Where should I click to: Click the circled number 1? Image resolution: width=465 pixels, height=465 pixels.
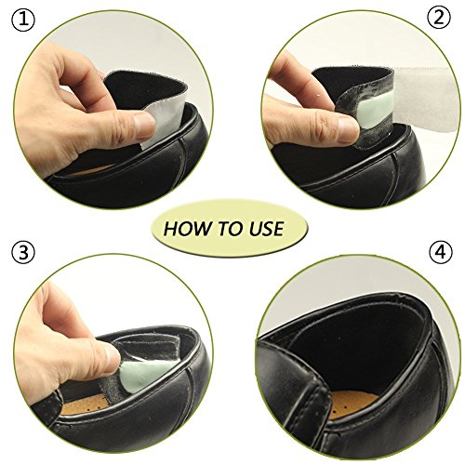(x=23, y=20)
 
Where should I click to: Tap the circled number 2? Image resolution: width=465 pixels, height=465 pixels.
(x=440, y=18)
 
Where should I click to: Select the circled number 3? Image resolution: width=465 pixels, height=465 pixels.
(x=23, y=252)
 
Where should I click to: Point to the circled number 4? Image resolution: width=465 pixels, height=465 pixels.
(x=441, y=252)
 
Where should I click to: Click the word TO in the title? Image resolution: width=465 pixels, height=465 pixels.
(x=228, y=229)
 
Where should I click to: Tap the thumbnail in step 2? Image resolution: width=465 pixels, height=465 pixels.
(x=348, y=130)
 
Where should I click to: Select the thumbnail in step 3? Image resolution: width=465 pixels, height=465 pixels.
(x=112, y=356)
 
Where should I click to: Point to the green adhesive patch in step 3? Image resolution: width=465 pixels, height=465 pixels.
(x=146, y=374)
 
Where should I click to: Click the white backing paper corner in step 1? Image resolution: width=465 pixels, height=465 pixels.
(x=165, y=124)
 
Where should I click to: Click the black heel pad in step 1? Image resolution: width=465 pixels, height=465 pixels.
(x=141, y=86)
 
